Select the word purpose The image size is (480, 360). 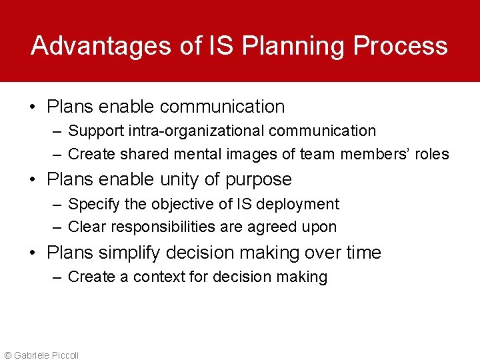(x=259, y=180)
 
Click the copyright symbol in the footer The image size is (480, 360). (x=8, y=355)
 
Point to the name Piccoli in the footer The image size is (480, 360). (x=65, y=355)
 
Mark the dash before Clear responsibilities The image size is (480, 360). (x=57, y=227)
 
